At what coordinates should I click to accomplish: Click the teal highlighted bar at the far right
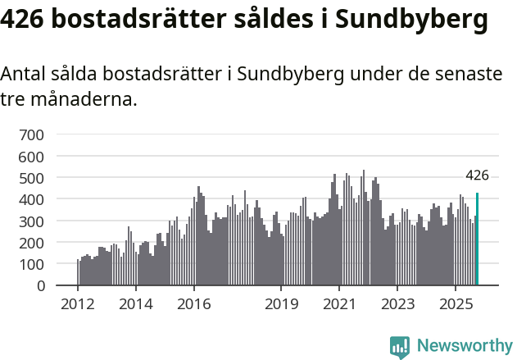click(x=478, y=239)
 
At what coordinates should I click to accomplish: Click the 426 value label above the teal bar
click(x=477, y=175)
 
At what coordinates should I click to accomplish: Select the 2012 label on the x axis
click(x=78, y=305)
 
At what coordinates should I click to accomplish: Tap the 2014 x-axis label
click(x=135, y=305)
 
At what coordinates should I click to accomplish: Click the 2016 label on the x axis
click(x=193, y=305)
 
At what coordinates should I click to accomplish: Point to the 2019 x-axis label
click(x=280, y=305)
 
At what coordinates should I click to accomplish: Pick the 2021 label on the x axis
click(x=338, y=305)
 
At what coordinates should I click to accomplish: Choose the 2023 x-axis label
click(x=397, y=305)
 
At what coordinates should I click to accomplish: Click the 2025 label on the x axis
click(x=455, y=305)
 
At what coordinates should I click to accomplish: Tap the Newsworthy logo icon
click(x=399, y=347)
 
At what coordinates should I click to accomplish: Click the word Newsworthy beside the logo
click(x=464, y=346)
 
